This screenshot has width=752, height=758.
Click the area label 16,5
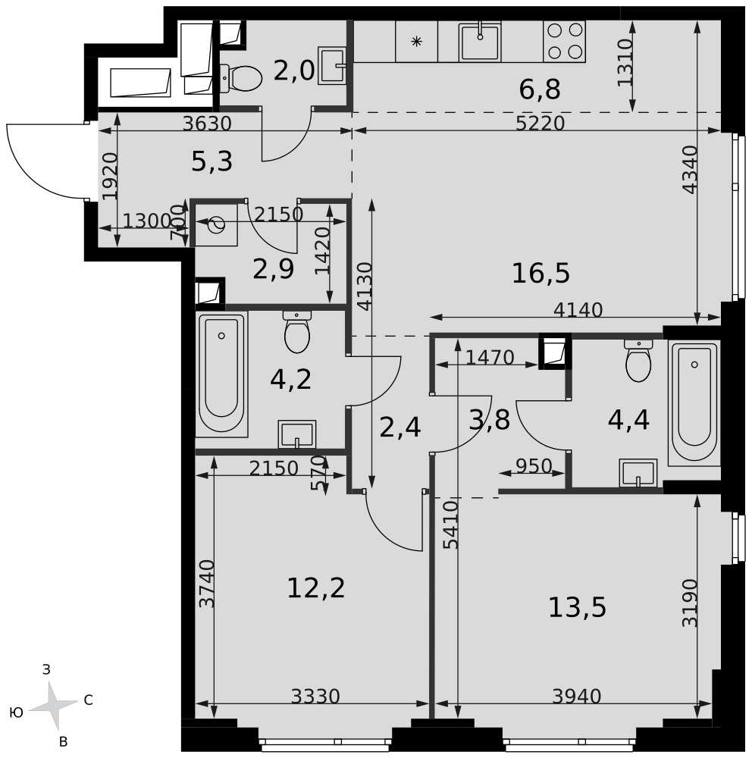[x=540, y=274]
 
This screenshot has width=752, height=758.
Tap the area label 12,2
[x=316, y=588]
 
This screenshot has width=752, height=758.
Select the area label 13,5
[x=577, y=608]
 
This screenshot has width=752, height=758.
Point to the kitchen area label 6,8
[x=540, y=89]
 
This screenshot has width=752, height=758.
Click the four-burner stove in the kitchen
[x=564, y=41]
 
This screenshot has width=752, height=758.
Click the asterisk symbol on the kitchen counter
[x=416, y=42]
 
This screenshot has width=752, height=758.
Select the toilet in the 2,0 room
[x=241, y=78]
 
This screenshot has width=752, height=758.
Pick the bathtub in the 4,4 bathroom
[x=694, y=402]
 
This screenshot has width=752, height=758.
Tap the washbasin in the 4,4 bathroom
[x=638, y=473]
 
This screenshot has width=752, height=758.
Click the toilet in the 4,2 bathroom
[x=297, y=332]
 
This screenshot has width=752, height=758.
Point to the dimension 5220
[x=540, y=124]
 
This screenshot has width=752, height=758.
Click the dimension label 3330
[x=316, y=697]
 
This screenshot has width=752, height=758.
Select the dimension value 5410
[x=451, y=525]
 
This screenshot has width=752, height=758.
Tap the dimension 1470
[x=490, y=358]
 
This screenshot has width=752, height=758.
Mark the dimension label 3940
[x=577, y=697]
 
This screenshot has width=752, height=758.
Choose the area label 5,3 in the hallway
[x=211, y=162]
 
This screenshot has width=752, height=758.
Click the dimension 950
[x=534, y=466]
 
